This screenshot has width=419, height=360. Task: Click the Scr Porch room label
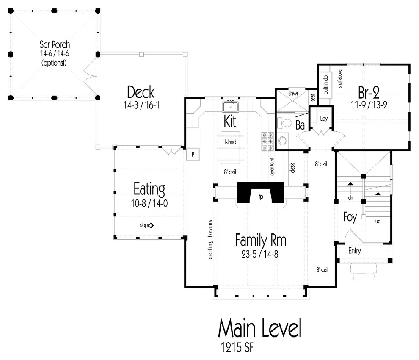click(x=55, y=44)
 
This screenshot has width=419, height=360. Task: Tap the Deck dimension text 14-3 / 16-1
click(x=141, y=105)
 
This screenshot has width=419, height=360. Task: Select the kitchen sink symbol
click(x=230, y=107)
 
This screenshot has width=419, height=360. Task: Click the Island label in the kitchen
click(x=230, y=142)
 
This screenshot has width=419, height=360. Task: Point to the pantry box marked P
click(x=193, y=154)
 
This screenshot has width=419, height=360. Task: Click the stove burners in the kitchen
click(x=267, y=141)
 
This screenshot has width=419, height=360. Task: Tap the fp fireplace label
click(x=261, y=197)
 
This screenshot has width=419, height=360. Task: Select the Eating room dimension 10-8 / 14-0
click(x=149, y=204)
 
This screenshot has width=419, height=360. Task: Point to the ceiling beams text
click(x=211, y=240)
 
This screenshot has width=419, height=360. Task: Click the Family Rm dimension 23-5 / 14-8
click(x=260, y=254)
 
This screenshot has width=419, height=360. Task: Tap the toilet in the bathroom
click(x=285, y=123)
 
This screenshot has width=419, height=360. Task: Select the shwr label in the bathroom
click(x=293, y=93)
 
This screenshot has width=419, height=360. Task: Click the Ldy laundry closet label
click(x=324, y=118)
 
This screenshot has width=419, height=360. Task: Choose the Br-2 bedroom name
click(x=369, y=92)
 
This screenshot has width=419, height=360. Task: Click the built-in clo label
click(x=326, y=85)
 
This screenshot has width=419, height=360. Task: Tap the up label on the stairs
click(x=378, y=222)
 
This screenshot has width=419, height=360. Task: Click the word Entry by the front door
click(x=355, y=251)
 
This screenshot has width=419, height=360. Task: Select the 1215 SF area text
click(x=237, y=347)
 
